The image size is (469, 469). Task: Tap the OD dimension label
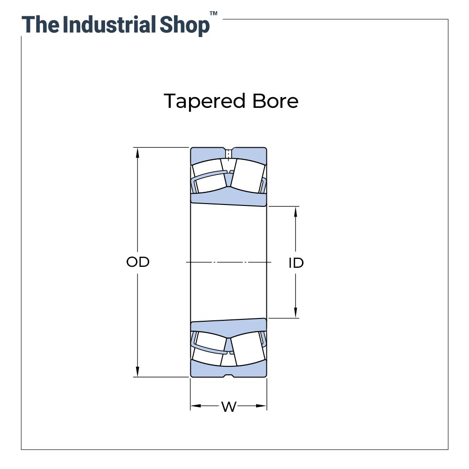pyautogui.click(x=138, y=262)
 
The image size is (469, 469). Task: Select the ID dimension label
pyautogui.click(x=296, y=263)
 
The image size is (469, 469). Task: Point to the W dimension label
pyautogui.click(x=228, y=407)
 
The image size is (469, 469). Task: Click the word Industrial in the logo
pyautogui.click(x=109, y=24)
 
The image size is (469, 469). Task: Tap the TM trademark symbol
pyautogui.click(x=213, y=14)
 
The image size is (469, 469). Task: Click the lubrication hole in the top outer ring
pyautogui.click(x=228, y=153)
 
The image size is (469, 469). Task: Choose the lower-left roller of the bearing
pyautogui.click(x=209, y=349)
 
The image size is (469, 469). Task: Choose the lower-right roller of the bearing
pyautogui.click(x=247, y=349)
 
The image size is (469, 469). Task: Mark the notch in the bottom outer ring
pyautogui.click(x=228, y=375)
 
